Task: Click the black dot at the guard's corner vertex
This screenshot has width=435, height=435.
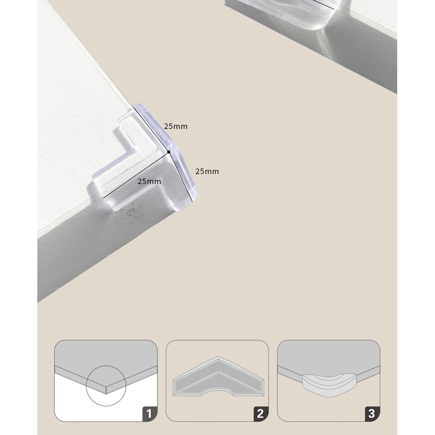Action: click(169, 152)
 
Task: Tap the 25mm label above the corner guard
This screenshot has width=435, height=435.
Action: click(176, 126)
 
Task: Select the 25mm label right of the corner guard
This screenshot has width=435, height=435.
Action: click(207, 171)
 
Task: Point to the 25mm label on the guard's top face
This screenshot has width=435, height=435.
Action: click(149, 181)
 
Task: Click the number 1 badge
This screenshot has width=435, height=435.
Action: click(149, 414)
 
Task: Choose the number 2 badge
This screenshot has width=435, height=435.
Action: click(260, 414)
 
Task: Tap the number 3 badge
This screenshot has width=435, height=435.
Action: click(372, 414)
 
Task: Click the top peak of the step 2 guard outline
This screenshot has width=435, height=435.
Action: click(218, 356)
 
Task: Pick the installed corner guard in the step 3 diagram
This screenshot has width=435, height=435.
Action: click(329, 385)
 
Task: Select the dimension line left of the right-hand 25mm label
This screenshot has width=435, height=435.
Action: click(180, 176)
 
